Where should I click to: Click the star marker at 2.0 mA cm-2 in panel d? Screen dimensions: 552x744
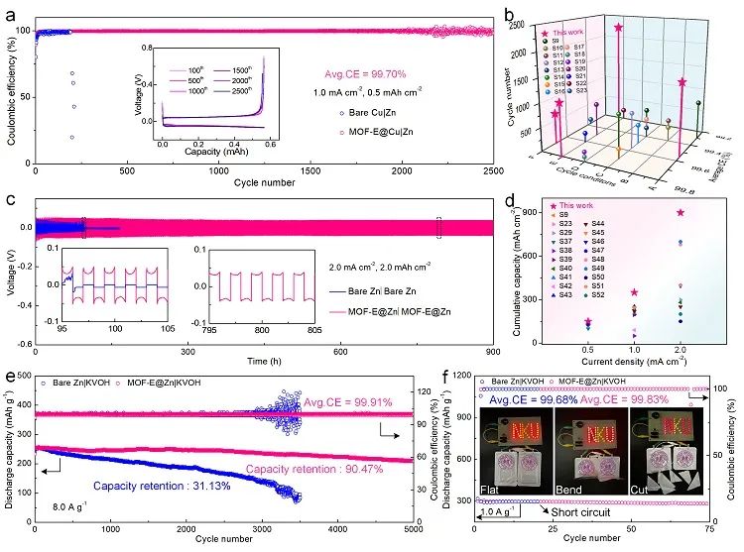coord(681,212)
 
